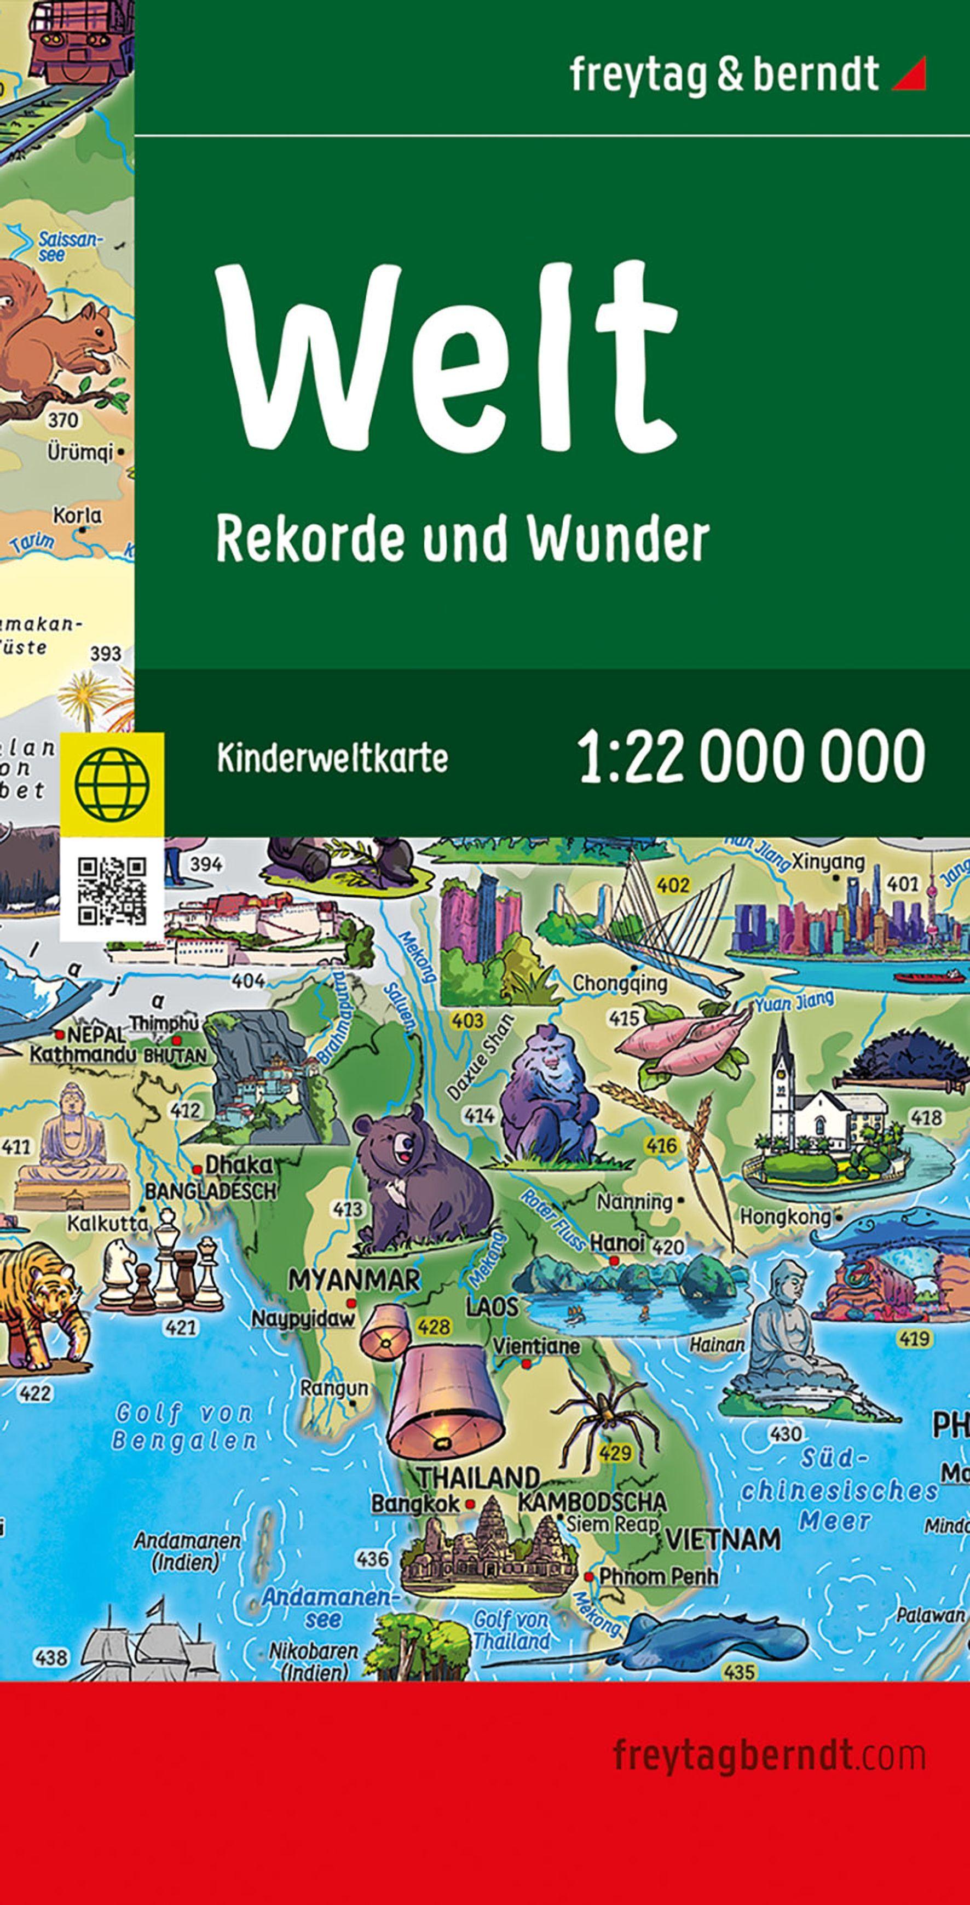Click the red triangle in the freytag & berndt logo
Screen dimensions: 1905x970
click(911, 74)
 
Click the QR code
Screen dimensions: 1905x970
click(112, 891)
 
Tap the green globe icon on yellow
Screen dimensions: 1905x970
click(112, 785)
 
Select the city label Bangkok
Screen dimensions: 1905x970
click(415, 1504)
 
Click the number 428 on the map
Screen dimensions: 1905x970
click(434, 1326)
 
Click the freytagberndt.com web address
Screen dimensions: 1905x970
click(769, 1754)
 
